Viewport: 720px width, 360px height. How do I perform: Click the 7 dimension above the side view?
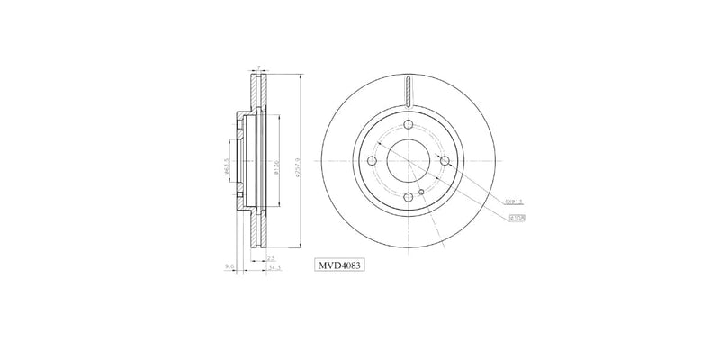tap(259, 68)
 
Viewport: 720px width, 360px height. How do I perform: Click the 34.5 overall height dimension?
tap(274, 266)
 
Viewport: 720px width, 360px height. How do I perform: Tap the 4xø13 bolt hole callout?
tap(513, 202)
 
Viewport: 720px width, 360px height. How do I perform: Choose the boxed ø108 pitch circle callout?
tap(516, 217)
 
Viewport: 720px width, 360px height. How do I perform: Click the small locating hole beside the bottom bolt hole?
tap(421, 192)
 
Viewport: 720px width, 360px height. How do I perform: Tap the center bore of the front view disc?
tap(408, 161)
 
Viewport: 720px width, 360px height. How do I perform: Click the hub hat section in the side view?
tap(239, 161)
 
